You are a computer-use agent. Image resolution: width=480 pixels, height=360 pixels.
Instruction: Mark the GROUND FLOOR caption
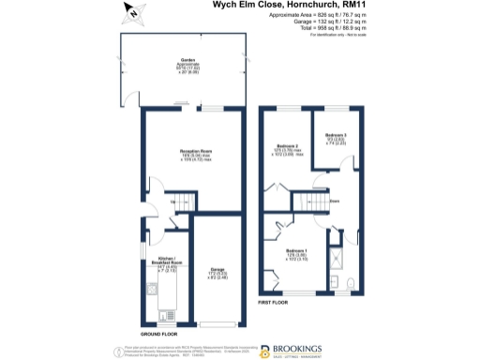tap(160, 334)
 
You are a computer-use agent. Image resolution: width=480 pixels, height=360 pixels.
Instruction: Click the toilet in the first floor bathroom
tap(349, 284)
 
